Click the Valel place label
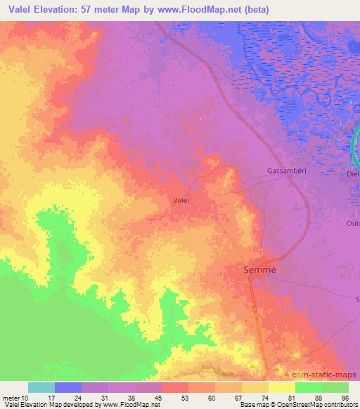coord(181,200)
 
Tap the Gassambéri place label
coord(288,171)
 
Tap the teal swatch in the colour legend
coord(41,387)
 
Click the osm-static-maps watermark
coord(321,375)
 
